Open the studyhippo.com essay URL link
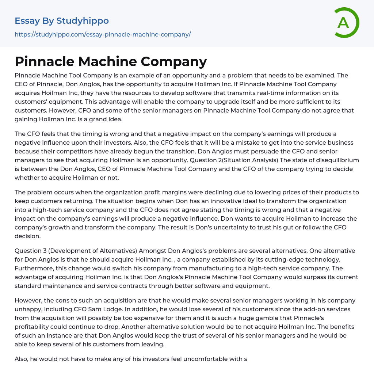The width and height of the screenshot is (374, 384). tap(103, 34)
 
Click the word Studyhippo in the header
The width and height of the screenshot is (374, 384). tap(83, 21)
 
